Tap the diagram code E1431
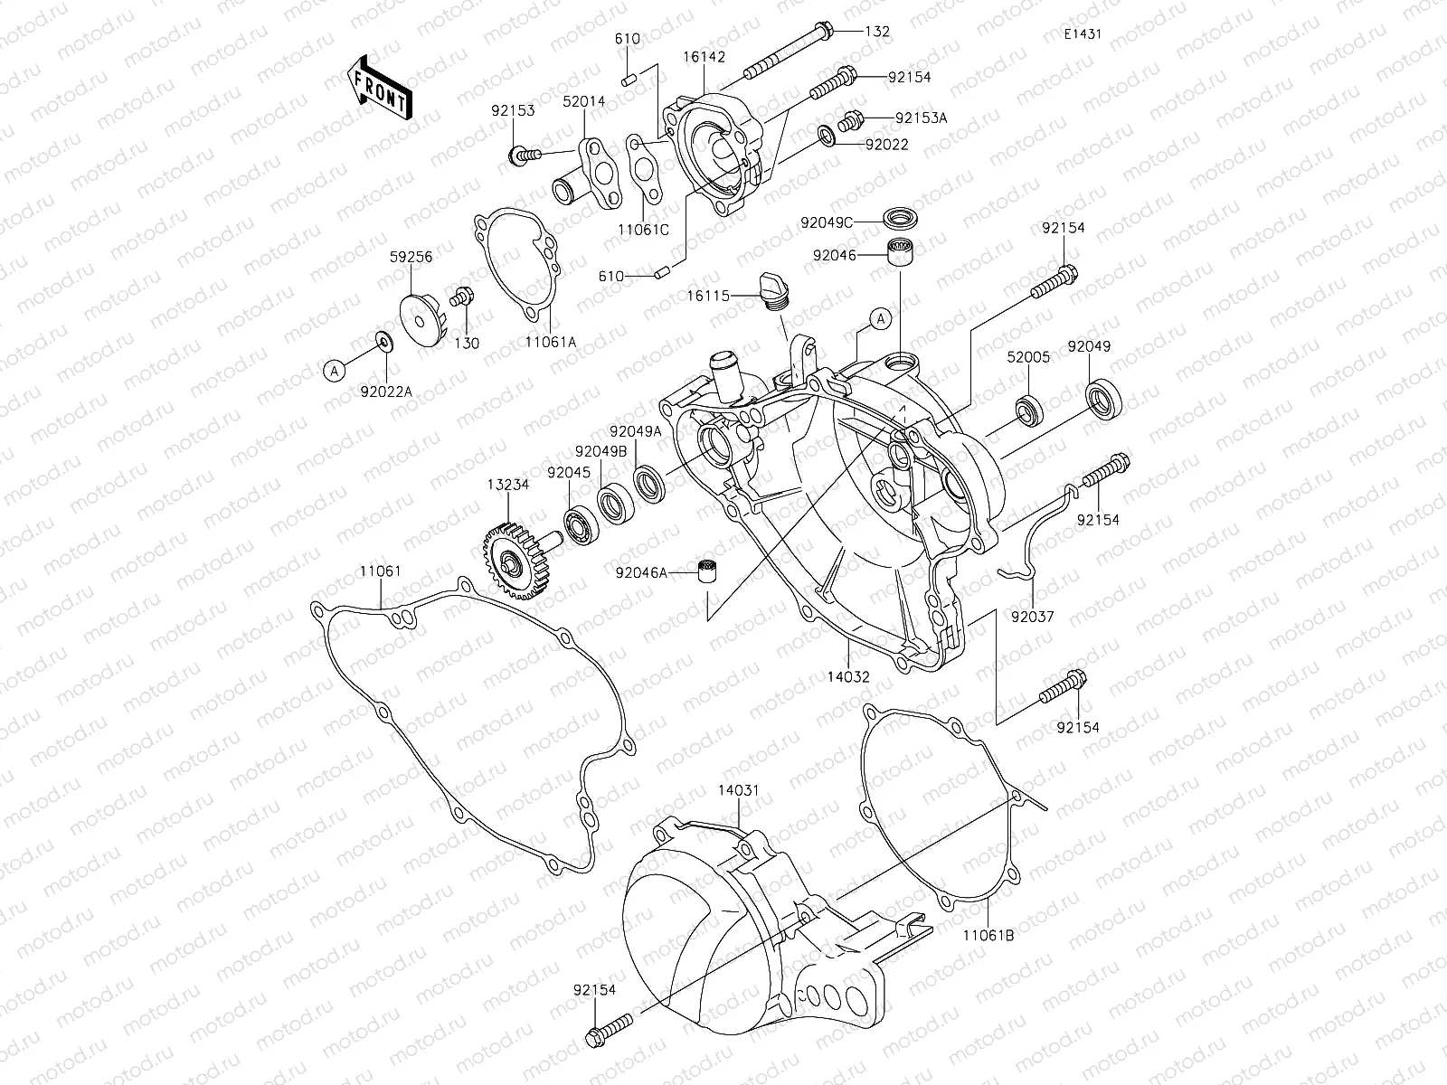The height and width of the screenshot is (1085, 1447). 1082,34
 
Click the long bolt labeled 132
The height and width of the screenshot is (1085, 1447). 787,52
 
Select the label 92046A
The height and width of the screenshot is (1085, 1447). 640,571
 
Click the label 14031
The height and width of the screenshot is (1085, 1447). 739,789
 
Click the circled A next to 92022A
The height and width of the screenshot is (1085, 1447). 335,369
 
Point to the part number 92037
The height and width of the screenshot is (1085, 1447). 1033,617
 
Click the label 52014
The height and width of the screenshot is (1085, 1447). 585,101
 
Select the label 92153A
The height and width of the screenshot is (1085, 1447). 922,118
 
